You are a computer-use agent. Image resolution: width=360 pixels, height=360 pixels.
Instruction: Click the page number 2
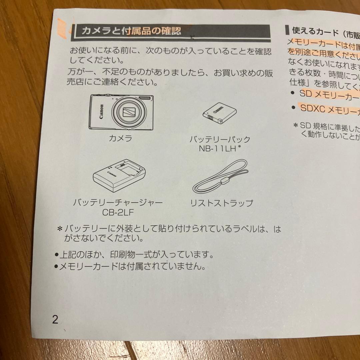55,320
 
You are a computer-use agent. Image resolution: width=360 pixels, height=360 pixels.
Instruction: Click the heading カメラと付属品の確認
131,32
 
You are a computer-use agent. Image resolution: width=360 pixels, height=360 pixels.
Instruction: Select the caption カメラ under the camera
120,138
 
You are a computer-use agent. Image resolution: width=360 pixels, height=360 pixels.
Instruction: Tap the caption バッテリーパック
220,139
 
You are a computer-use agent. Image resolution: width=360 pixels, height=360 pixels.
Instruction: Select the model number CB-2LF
118,212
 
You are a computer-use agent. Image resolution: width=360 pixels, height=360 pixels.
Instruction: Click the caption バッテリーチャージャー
118,203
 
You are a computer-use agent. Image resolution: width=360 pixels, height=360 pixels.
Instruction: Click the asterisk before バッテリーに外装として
60,229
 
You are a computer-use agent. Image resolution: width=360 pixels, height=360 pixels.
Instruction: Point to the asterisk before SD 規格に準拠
295,126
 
